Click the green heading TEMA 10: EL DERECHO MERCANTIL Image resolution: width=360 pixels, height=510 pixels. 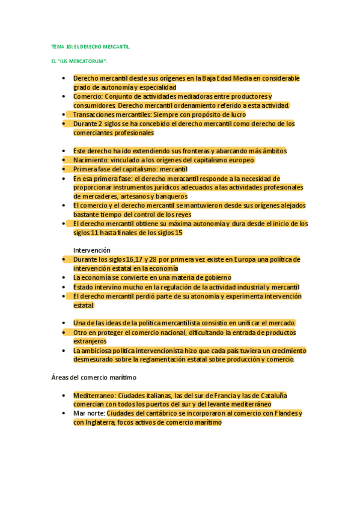[90, 46]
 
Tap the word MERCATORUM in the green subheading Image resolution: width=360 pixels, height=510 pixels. [87, 61]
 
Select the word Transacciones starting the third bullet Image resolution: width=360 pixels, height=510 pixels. [93, 114]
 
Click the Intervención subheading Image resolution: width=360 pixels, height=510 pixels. [92, 250]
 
